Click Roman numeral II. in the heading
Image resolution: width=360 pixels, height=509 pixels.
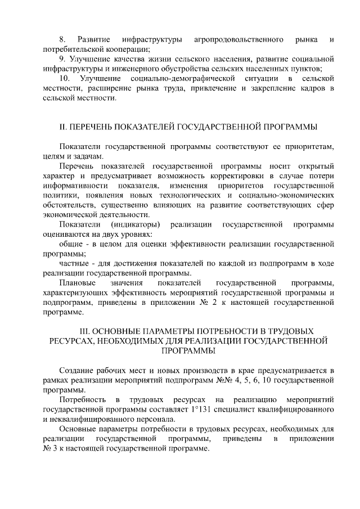[x=64, y=126]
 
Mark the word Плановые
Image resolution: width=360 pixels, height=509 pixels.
[x=77, y=282]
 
